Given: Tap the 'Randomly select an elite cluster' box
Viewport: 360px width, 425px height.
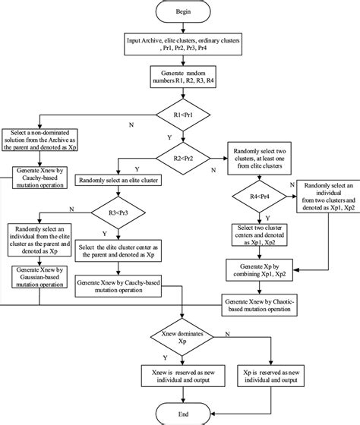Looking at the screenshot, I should pos(116,182).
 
